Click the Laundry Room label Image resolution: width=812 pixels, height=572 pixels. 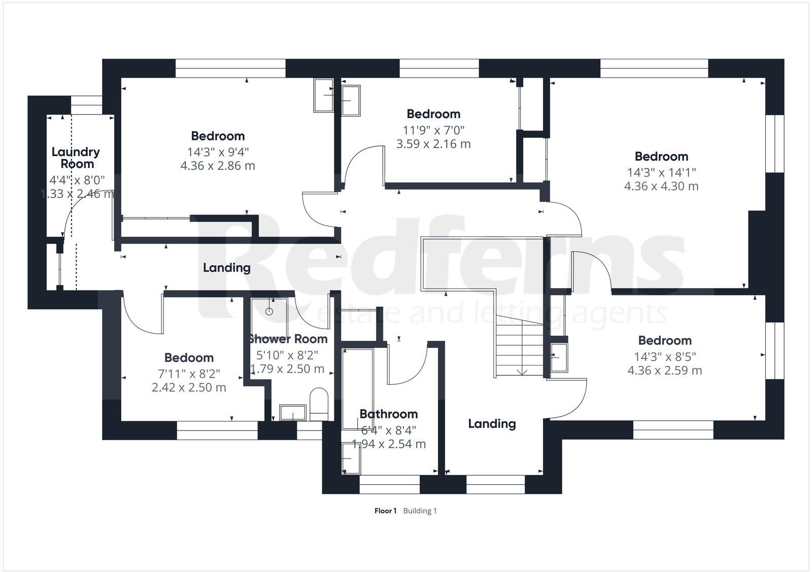(76, 158)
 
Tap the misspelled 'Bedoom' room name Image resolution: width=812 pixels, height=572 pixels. (189, 358)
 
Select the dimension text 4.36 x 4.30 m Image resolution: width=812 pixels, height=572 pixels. (661, 186)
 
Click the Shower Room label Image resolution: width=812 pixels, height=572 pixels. (288, 339)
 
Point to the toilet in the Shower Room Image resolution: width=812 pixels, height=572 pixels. (319, 403)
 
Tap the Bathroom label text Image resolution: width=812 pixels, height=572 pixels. (388, 414)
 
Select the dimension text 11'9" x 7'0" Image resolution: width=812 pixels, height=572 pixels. (433, 130)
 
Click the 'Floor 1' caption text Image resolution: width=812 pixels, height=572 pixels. (385, 511)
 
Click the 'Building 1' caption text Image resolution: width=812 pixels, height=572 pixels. (420, 511)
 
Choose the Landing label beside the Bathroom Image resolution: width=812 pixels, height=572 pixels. (491, 423)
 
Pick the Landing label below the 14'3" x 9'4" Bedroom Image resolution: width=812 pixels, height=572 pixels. (226, 267)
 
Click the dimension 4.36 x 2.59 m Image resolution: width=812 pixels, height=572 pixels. (664, 370)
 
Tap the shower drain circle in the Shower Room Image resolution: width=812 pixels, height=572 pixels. (269, 311)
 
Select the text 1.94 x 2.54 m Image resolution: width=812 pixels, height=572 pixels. (388, 444)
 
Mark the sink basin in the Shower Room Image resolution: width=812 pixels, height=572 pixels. (293, 413)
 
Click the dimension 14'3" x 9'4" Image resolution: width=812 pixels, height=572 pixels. (218, 151)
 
